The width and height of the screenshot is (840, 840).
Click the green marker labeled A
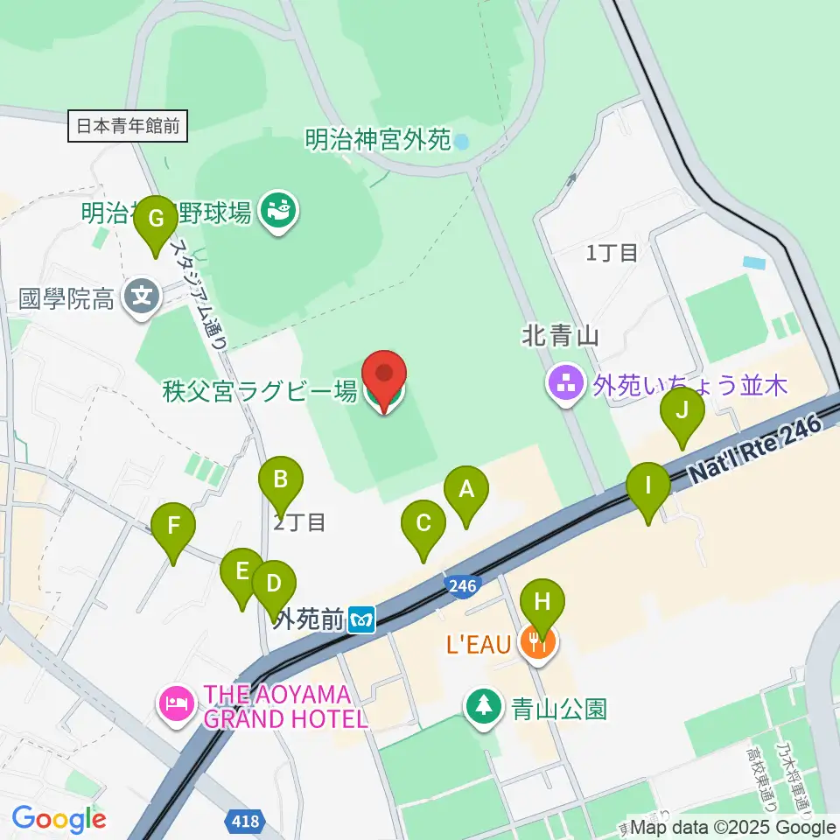(466, 490)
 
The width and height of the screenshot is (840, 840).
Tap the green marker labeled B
(281, 479)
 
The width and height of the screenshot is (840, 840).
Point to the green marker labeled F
(173, 528)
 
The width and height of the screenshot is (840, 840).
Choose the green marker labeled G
(157, 220)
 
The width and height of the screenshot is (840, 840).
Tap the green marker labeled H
(542, 602)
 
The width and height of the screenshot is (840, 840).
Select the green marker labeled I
(648, 486)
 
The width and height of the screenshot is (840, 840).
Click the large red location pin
(384, 376)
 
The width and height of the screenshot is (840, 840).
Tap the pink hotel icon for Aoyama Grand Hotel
(176, 705)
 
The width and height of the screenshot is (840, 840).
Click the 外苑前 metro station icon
(361, 620)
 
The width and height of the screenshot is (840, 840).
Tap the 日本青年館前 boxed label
(128, 126)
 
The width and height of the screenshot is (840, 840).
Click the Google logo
(59, 819)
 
